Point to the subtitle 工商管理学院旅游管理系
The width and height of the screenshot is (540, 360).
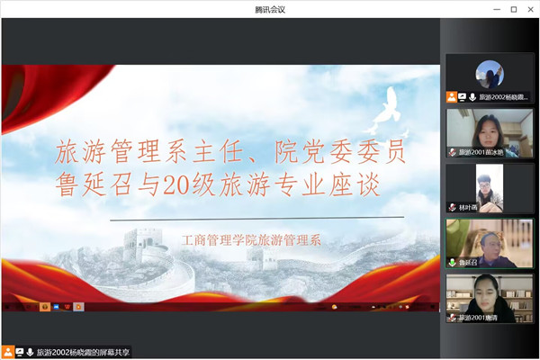coord(251,240)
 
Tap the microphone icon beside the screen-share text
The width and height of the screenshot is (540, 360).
coord(30,352)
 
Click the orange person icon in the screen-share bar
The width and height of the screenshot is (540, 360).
coord(8,352)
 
